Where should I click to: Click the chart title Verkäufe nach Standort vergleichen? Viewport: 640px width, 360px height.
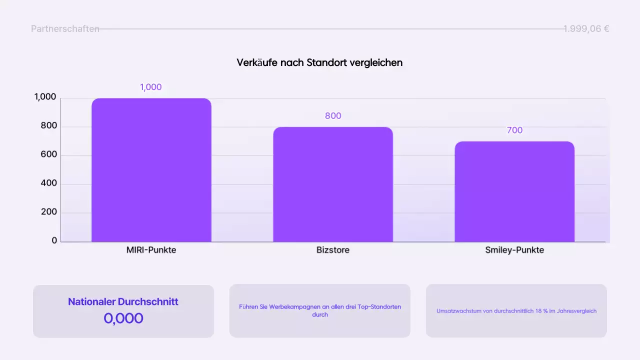(x=319, y=62)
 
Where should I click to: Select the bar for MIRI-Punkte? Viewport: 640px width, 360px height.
(x=151, y=170)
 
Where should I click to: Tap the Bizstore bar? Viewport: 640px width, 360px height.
(x=333, y=184)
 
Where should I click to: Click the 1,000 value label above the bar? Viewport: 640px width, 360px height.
(x=151, y=87)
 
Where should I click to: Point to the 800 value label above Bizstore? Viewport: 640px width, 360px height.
(x=333, y=116)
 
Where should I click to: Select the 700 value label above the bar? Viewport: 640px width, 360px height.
(x=514, y=130)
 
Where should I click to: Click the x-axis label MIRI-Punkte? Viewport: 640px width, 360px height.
(x=151, y=250)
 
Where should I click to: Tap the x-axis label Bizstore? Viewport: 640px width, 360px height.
(x=333, y=250)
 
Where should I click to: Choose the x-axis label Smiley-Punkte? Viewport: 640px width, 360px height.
(x=514, y=250)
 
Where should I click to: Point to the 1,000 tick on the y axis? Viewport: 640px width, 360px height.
(x=45, y=97)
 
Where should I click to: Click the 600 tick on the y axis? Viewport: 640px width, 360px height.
(x=49, y=155)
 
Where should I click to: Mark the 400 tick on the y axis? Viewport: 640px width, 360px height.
(x=49, y=183)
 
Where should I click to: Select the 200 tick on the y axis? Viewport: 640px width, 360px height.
(x=49, y=212)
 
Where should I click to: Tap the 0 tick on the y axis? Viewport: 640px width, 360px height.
(x=54, y=240)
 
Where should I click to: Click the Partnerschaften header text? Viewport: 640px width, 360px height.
(x=65, y=29)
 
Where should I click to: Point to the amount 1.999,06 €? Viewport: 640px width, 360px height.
(x=586, y=29)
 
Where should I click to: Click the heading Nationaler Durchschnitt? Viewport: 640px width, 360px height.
(x=123, y=301)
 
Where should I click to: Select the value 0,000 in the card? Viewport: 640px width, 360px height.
(x=123, y=318)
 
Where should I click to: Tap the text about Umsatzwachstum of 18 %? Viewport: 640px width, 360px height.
(x=516, y=311)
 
